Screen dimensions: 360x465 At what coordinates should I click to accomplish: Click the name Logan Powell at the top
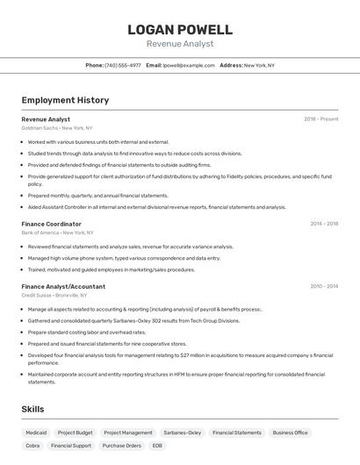(180, 29)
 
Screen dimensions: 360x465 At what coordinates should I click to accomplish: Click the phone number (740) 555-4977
(123, 65)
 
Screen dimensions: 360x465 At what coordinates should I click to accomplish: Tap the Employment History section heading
(65, 100)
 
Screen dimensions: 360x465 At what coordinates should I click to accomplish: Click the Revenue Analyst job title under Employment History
(46, 118)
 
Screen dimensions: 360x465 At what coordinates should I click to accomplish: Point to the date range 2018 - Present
(320, 118)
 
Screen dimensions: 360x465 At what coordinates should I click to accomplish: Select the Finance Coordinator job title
(51, 224)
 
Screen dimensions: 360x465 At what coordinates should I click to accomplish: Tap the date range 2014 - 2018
(324, 224)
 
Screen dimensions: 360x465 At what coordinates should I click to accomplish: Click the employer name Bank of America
(40, 232)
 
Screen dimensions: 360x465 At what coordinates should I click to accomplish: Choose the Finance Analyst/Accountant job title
(63, 286)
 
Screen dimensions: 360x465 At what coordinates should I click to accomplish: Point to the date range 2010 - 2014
(324, 286)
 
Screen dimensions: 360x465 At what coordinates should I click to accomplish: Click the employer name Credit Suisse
(37, 295)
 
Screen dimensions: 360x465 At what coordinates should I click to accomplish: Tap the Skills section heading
(32, 409)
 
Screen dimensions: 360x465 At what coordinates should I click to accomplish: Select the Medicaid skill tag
(36, 433)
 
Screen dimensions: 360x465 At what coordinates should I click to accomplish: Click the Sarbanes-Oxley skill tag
(182, 433)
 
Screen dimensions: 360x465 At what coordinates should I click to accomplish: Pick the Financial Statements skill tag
(237, 433)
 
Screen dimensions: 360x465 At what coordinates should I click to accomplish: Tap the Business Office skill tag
(290, 433)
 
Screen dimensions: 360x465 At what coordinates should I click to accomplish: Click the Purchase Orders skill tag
(121, 446)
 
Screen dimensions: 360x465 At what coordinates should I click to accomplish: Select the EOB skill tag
(157, 446)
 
